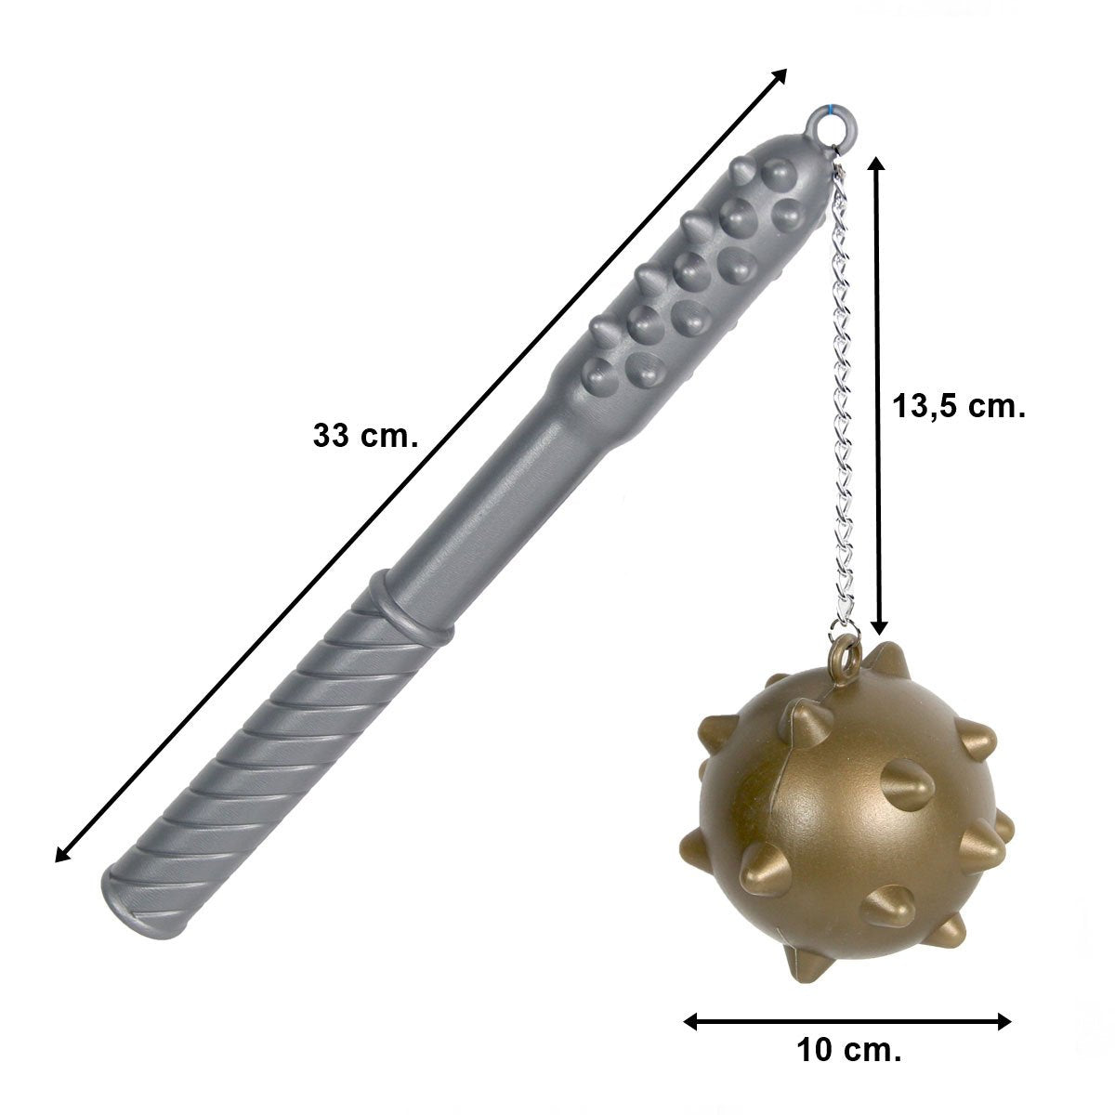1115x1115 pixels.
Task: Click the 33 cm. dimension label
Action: pos(365,436)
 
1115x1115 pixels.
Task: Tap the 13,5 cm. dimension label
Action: pos(959,407)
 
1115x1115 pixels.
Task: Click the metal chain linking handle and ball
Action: pos(843,400)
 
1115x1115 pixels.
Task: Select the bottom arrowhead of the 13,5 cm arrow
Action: pos(878,623)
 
